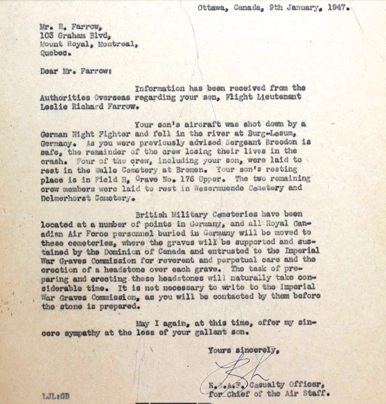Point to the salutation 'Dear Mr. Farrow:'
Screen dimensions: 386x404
point(76,71)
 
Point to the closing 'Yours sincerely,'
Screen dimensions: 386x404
point(244,351)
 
